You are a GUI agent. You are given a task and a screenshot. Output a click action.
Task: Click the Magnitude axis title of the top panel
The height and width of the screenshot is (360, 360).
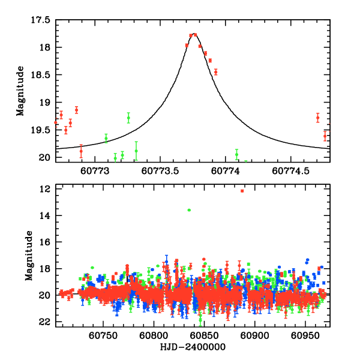[x=20, y=90]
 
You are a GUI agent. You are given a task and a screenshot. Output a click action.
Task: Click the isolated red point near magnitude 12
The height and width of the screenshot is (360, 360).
[x=242, y=191]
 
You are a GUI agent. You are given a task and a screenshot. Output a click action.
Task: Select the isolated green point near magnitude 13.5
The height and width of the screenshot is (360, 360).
[x=189, y=210]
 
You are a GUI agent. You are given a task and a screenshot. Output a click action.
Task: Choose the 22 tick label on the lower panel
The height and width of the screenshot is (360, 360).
[x=44, y=322]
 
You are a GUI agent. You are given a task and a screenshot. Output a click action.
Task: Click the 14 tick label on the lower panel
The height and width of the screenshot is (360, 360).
[x=44, y=215]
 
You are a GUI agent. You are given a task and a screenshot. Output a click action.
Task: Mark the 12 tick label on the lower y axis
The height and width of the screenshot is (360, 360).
[x=44, y=189]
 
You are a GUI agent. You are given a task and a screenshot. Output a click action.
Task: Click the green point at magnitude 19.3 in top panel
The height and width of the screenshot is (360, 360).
[x=128, y=118]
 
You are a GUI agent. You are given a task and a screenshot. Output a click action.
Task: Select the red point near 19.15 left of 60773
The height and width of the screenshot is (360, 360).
[x=76, y=110]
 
